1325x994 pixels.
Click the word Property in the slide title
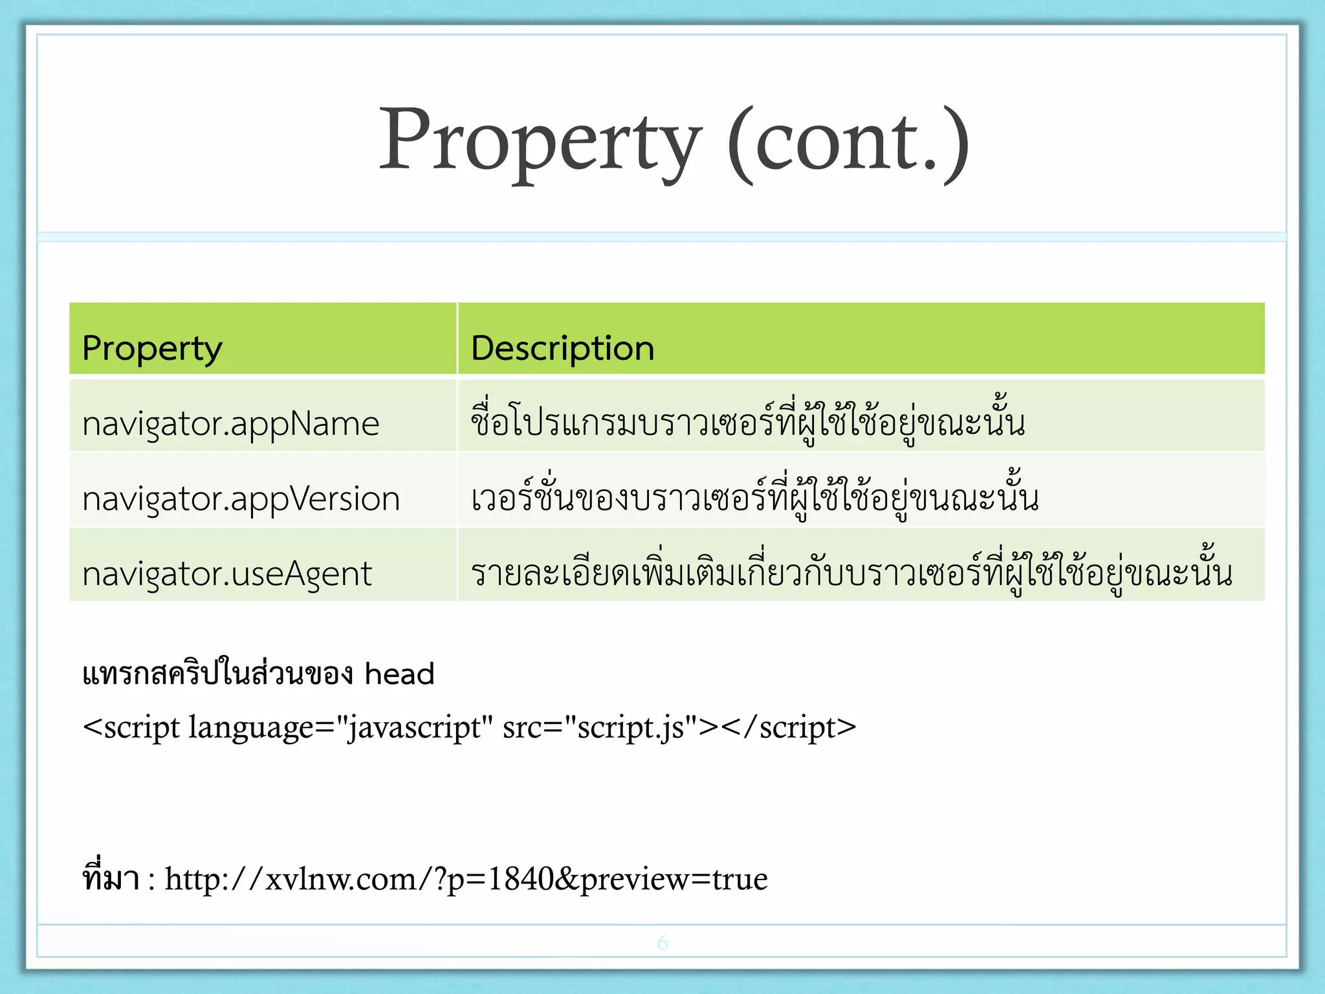pos(540,140)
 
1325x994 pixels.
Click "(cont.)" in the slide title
pos(848,140)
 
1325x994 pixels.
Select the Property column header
pos(153,348)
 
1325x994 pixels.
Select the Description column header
pos(562,348)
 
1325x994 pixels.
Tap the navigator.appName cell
pos(230,424)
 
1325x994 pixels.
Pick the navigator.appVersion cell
pos(241,499)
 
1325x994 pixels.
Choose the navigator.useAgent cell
pos(227,573)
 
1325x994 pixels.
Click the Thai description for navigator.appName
pos(747,422)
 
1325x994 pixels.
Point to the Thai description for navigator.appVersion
pos(754,497)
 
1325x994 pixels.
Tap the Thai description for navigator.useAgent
pos(851,572)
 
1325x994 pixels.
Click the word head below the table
pos(399,674)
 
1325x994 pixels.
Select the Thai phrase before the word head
pos(217,674)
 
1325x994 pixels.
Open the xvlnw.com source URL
pos(466,879)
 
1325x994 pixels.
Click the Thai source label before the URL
pos(111,878)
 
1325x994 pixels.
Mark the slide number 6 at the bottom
pos(662,942)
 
